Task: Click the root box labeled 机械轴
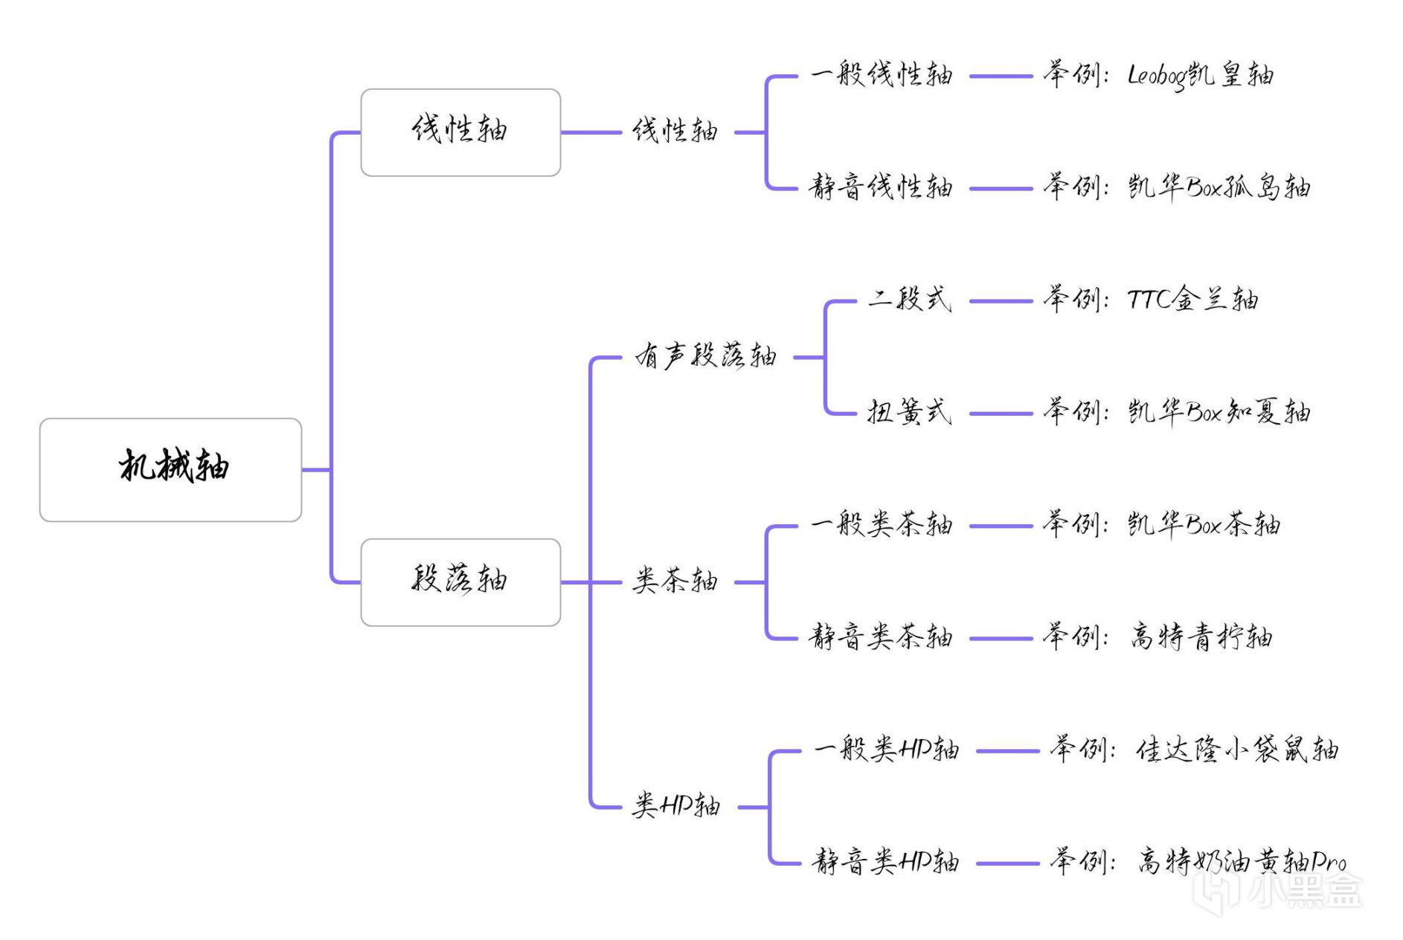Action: (x=170, y=469)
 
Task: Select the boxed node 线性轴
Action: (x=460, y=132)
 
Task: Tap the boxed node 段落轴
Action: (x=460, y=582)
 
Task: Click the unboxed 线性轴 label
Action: (x=675, y=132)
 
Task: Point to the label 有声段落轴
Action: (x=705, y=356)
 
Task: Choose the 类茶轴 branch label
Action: (x=675, y=582)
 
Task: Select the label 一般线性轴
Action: (x=882, y=75)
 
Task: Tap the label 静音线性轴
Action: (x=881, y=187)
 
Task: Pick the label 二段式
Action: (x=909, y=300)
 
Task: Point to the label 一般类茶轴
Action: (x=882, y=525)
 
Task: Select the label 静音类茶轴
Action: (x=881, y=637)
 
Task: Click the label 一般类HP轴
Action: (x=886, y=750)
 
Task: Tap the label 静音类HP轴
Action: (x=885, y=863)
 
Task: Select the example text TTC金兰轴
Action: (x=1192, y=300)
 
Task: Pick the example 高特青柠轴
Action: (x=1201, y=637)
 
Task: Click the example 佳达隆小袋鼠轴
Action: (x=1236, y=750)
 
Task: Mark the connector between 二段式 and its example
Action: (x=1001, y=301)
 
